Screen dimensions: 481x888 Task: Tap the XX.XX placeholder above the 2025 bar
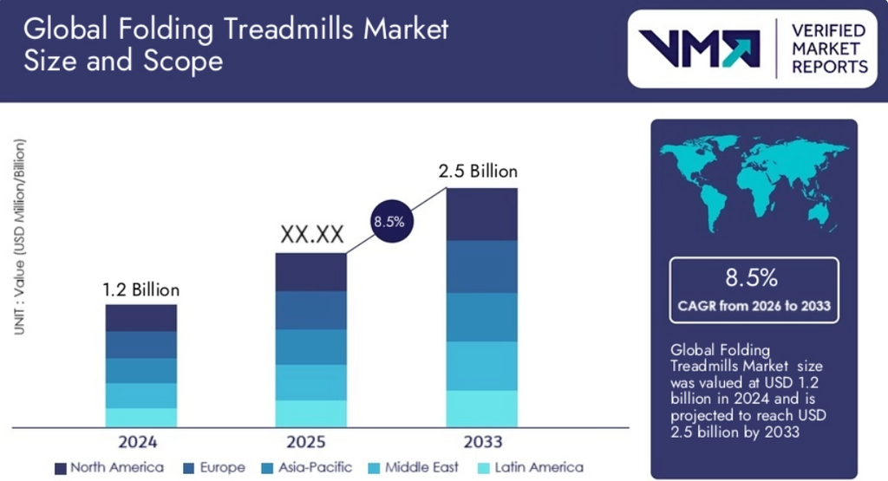pos(311,235)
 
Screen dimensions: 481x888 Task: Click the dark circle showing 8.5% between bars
pos(388,221)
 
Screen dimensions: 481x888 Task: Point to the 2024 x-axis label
pos(138,442)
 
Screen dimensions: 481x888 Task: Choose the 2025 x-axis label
pos(310,442)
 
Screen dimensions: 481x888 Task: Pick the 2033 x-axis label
pos(482,442)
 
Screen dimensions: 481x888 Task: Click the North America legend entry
pos(108,467)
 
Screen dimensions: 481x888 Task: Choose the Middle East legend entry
pos(414,467)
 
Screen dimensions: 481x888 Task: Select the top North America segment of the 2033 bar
pos(482,214)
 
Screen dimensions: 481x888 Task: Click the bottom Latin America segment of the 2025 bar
pos(311,413)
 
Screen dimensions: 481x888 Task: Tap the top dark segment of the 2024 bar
pos(141,318)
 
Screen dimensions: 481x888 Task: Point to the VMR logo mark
pos(699,49)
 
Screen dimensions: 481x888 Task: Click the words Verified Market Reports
pos(828,49)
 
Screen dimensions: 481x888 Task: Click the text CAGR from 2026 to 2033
pos(753,306)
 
